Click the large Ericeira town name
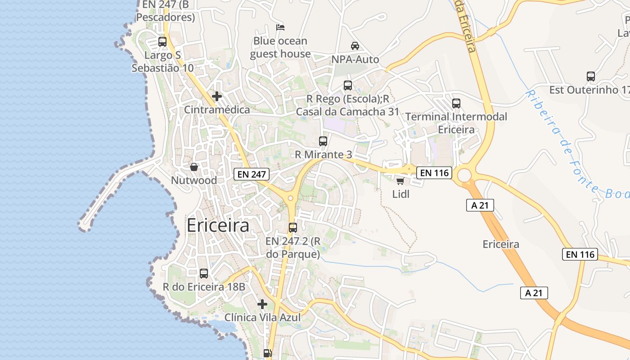pos(218,225)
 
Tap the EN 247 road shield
pos(251,174)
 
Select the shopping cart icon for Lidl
pos(400,181)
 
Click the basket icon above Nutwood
pos(194,167)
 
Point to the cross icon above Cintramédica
pos(217,96)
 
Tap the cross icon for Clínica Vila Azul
pos(262,304)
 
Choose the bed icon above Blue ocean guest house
pos(280,27)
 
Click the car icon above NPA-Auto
pos(355,46)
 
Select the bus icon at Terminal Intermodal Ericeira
pos(456,103)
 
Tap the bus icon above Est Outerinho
pos(591,76)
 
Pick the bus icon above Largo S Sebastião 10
pos(162,42)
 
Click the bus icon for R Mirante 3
pos(323,141)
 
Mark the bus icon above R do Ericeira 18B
pos(204,273)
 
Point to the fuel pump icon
pos(268,354)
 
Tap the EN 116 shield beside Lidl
pos(434,172)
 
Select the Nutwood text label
pos(194,180)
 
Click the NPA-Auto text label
pos(355,59)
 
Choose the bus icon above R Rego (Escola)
pos(348,85)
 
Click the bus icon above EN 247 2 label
pos(293,228)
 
